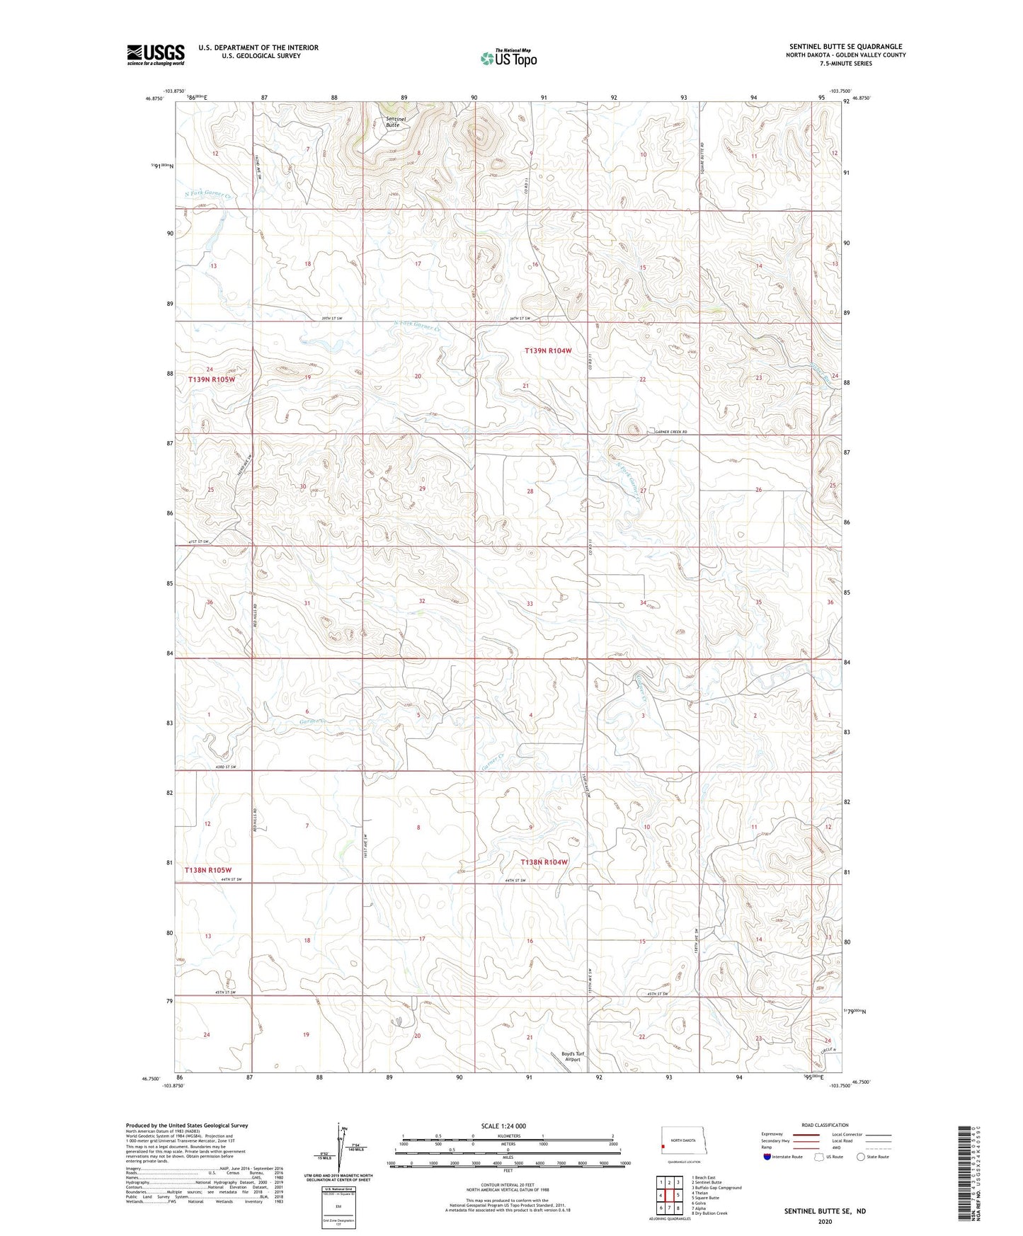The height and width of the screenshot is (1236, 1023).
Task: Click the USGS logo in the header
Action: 155,55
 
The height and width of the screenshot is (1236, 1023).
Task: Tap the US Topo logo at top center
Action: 508,57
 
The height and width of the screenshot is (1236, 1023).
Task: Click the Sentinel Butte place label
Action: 396,121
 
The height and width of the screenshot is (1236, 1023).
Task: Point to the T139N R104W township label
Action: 547,350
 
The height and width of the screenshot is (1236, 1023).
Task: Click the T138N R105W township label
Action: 208,869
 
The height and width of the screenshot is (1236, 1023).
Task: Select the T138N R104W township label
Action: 544,862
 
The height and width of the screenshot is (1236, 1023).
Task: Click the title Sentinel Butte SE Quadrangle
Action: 845,47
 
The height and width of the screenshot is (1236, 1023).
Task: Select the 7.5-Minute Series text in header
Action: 845,63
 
